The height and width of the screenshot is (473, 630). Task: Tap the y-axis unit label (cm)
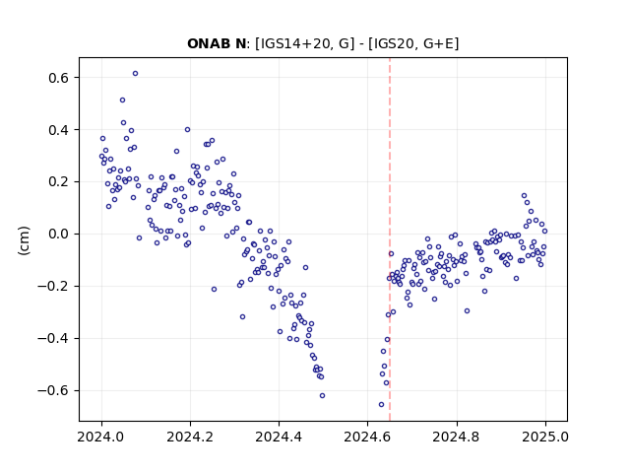click(24, 240)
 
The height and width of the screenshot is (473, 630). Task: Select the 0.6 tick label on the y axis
click(58, 78)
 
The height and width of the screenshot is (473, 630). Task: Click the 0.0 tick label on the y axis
click(58, 235)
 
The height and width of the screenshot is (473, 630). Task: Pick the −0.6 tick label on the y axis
click(53, 390)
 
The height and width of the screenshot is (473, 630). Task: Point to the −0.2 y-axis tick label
click(53, 287)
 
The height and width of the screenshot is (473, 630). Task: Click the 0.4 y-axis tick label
click(58, 130)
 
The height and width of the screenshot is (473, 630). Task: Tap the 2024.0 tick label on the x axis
click(101, 437)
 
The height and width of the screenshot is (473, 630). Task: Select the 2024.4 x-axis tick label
click(279, 437)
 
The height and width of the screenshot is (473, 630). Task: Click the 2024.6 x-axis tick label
click(367, 437)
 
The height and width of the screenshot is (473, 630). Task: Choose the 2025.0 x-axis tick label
click(545, 437)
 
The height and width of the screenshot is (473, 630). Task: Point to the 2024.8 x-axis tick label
click(457, 437)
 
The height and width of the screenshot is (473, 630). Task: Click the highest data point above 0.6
click(136, 74)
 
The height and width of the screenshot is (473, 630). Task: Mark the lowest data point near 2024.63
click(381, 405)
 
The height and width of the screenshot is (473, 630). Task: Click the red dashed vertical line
click(390, 239)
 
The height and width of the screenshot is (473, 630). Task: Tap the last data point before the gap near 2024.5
click(322, 396)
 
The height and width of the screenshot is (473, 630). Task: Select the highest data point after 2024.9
click(524, 196)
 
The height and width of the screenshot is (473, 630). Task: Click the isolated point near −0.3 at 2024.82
click(467, 311)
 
